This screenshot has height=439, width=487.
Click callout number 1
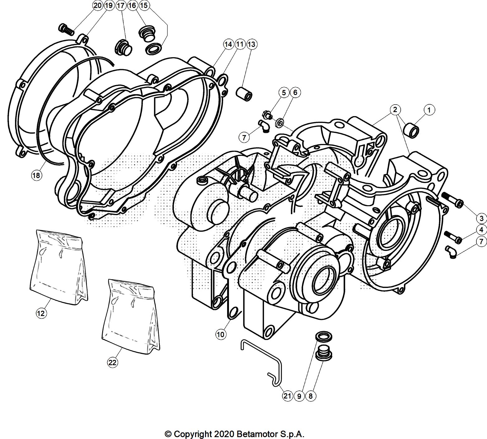pos(429,110)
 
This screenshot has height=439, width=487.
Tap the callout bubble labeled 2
pos(395,110)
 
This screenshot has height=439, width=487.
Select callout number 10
pos(220,335)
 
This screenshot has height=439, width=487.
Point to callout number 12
pos(41,313)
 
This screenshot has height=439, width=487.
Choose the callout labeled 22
pos(112,362)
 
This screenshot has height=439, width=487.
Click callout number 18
pos(36,175)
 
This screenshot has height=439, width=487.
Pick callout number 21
pos(287,396)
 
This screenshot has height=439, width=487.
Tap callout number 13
pos(251,44)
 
